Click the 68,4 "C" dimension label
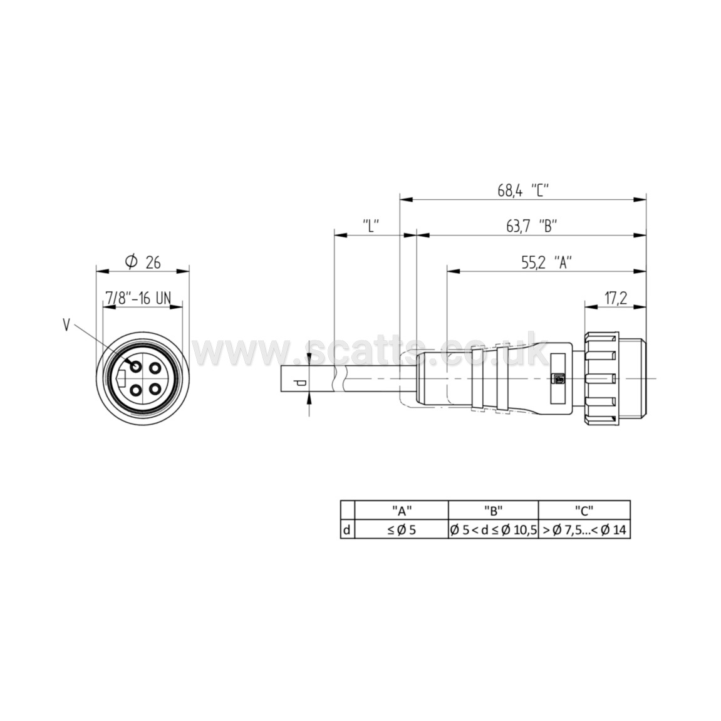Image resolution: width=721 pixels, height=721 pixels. pyautogui.click(x=523, y=190)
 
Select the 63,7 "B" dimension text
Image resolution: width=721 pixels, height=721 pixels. pyautogui.click(x=532, y=226)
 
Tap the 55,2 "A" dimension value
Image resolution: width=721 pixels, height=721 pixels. pyautogui.click(x=546, y=262)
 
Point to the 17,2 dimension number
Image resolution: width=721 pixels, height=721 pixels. pyautogui.click(x=616, y=298)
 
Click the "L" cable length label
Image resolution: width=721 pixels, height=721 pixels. pyautogui.click(x=371, y=226)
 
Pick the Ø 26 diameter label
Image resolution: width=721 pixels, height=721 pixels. pyautogui.click(x=143, y=262)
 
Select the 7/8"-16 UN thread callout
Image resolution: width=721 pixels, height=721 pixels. pyautogui.click(x=138, y=298)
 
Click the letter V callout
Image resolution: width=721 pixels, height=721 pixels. pyautogui.click(x=66, y=326)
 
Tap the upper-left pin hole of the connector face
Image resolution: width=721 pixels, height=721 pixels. pyautogui.click(x=136, y=367)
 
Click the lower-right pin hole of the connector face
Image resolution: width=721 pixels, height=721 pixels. pyautogui.click(x=155, y=390)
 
